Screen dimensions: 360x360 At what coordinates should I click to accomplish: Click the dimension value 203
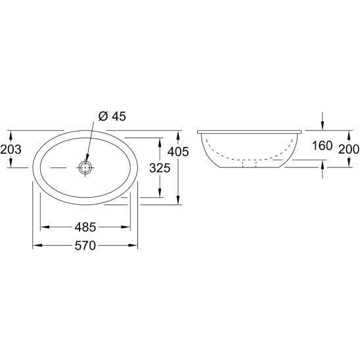tap(11, 150)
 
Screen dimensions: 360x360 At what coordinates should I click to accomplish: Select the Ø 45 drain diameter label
tap(112, 116)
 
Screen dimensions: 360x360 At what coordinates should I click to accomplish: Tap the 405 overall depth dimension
tap(178, 152)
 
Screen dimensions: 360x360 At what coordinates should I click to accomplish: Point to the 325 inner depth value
tap(160, 168)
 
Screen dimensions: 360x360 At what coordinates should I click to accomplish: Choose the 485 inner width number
tap(85, 227)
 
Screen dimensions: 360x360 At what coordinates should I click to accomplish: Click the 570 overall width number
tap(85, 246)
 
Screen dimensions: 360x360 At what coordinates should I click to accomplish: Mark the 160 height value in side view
tap(322, 146)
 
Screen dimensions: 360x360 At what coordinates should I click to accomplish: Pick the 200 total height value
tap(349, 150)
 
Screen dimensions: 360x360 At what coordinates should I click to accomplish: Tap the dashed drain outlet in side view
tap(250, 164)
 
